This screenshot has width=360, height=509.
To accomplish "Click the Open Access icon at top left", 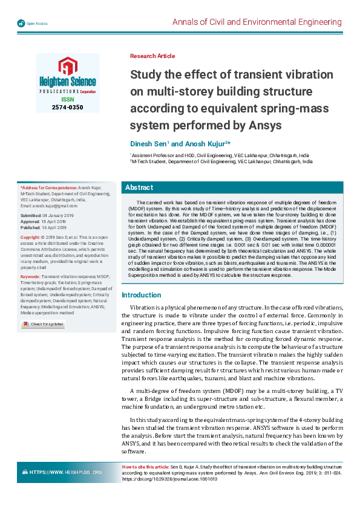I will (x=21, y=23).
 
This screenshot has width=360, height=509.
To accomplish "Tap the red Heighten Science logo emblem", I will (x=64, y=66).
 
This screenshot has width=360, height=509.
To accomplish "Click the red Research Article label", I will (x=152, y=56).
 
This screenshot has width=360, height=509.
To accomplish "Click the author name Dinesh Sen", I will (x=149, y=144).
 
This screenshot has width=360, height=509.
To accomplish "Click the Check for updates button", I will (x=43, y=325).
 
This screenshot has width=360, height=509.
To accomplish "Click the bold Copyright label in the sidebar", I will (x=30, y=238).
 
